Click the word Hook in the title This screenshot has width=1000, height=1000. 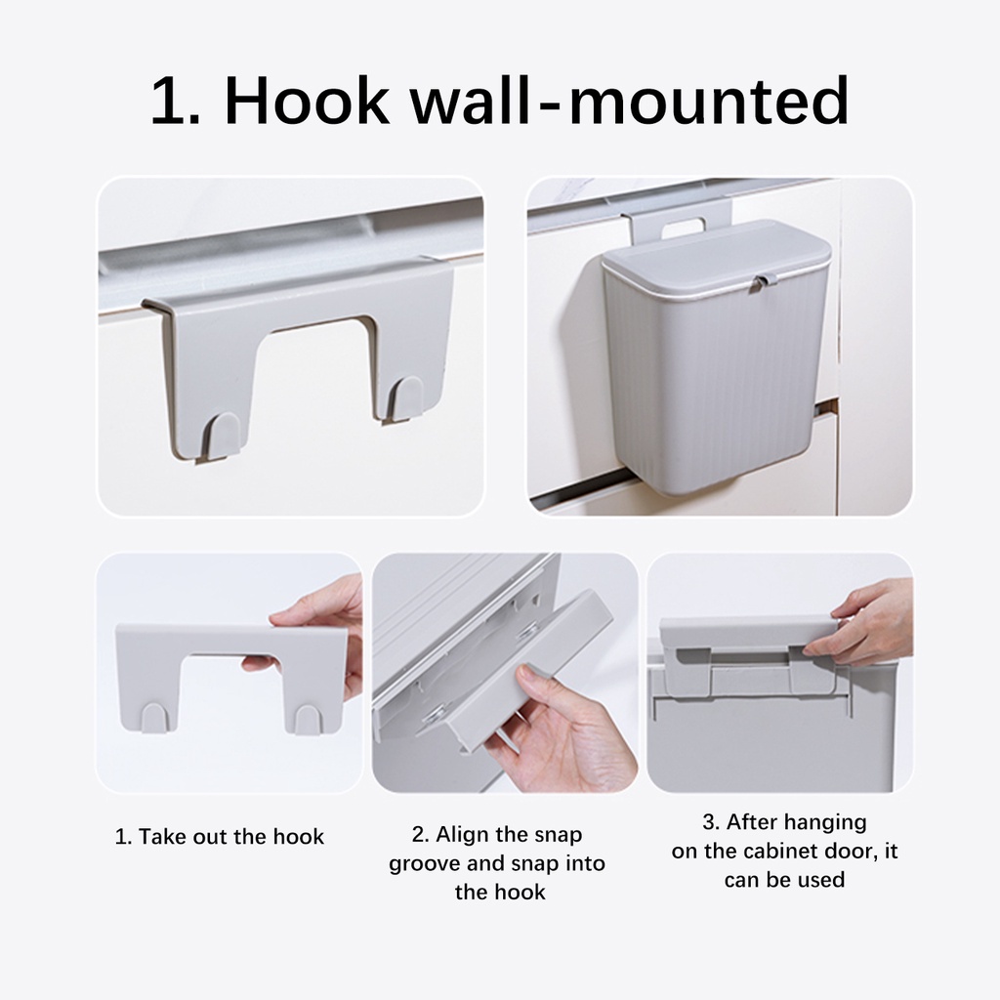point(307,101)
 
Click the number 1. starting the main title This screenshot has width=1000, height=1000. point(176,101)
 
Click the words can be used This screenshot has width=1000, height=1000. point(784,880)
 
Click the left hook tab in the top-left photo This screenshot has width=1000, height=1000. point(220,437)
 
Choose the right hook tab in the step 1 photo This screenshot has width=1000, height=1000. point(308,720)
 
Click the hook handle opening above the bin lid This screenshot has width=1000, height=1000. point(683,226)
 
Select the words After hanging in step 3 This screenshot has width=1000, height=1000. point(784,822)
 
